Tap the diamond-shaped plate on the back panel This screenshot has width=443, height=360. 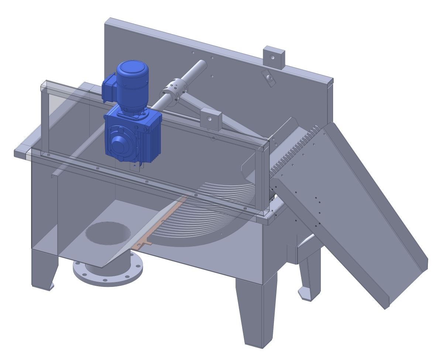(x=269, y=78)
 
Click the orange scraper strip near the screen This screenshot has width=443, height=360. (x=155, y=229)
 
